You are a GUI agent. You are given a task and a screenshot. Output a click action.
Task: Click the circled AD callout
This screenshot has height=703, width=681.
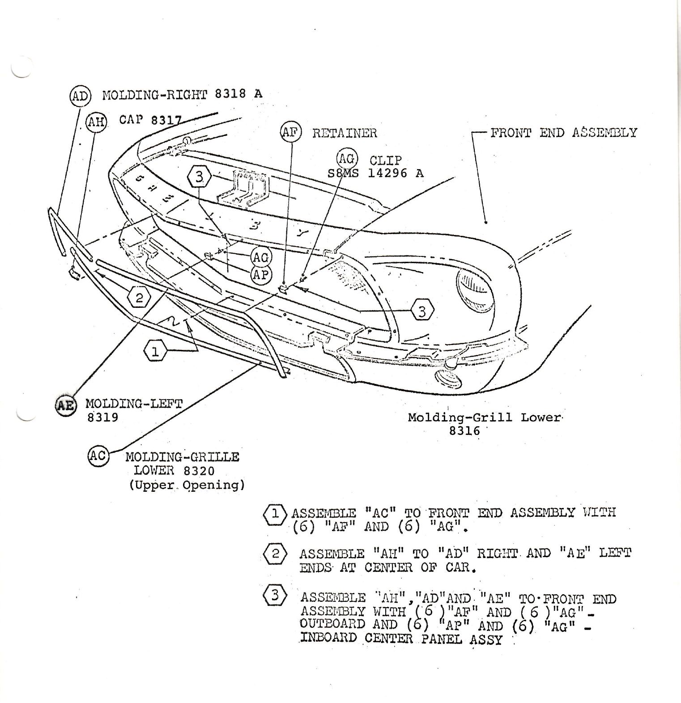tap(80, 95)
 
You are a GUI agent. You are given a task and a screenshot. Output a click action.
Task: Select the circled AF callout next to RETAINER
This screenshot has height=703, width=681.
tap(291, 132)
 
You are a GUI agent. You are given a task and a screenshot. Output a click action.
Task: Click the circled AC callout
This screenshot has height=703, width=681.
tap(98, 456)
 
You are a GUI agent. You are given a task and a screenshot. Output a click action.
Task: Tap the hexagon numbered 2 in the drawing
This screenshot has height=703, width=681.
tap(139, 298)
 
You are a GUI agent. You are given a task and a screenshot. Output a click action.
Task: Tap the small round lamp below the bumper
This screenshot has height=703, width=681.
tap(449, 380)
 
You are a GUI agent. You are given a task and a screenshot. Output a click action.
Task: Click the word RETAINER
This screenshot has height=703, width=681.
tap(345, 133)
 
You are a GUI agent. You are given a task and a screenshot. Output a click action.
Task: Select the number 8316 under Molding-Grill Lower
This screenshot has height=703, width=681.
tap(464, 431)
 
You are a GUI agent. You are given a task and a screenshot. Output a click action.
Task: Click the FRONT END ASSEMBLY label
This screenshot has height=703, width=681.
tap(563, 132)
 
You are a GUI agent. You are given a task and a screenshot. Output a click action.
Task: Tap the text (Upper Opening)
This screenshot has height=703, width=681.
tap(187, 485)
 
